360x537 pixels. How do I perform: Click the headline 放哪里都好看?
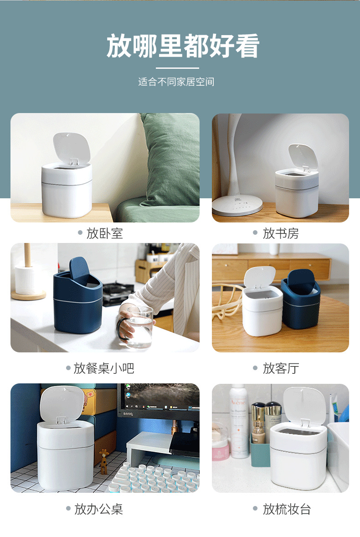click(x=183, y=46)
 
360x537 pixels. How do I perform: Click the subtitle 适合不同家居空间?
click(x=176, y=82)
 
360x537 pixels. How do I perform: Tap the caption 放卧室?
click(x=105, y=234)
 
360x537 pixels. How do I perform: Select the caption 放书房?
click(x=281, y=234)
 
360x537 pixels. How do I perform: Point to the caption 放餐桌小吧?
click(x=104, y=368)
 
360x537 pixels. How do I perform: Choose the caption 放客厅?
click(x=281, y=368)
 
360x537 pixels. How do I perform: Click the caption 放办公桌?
click(x=99, y=509)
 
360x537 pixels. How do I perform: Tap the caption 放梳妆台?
click(x=287, y=509)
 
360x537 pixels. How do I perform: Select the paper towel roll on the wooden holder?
click(x=27, y=279)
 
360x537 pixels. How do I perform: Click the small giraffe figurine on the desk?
click(x=104, y=459)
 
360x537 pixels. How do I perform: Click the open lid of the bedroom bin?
click(x=71, y=148)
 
